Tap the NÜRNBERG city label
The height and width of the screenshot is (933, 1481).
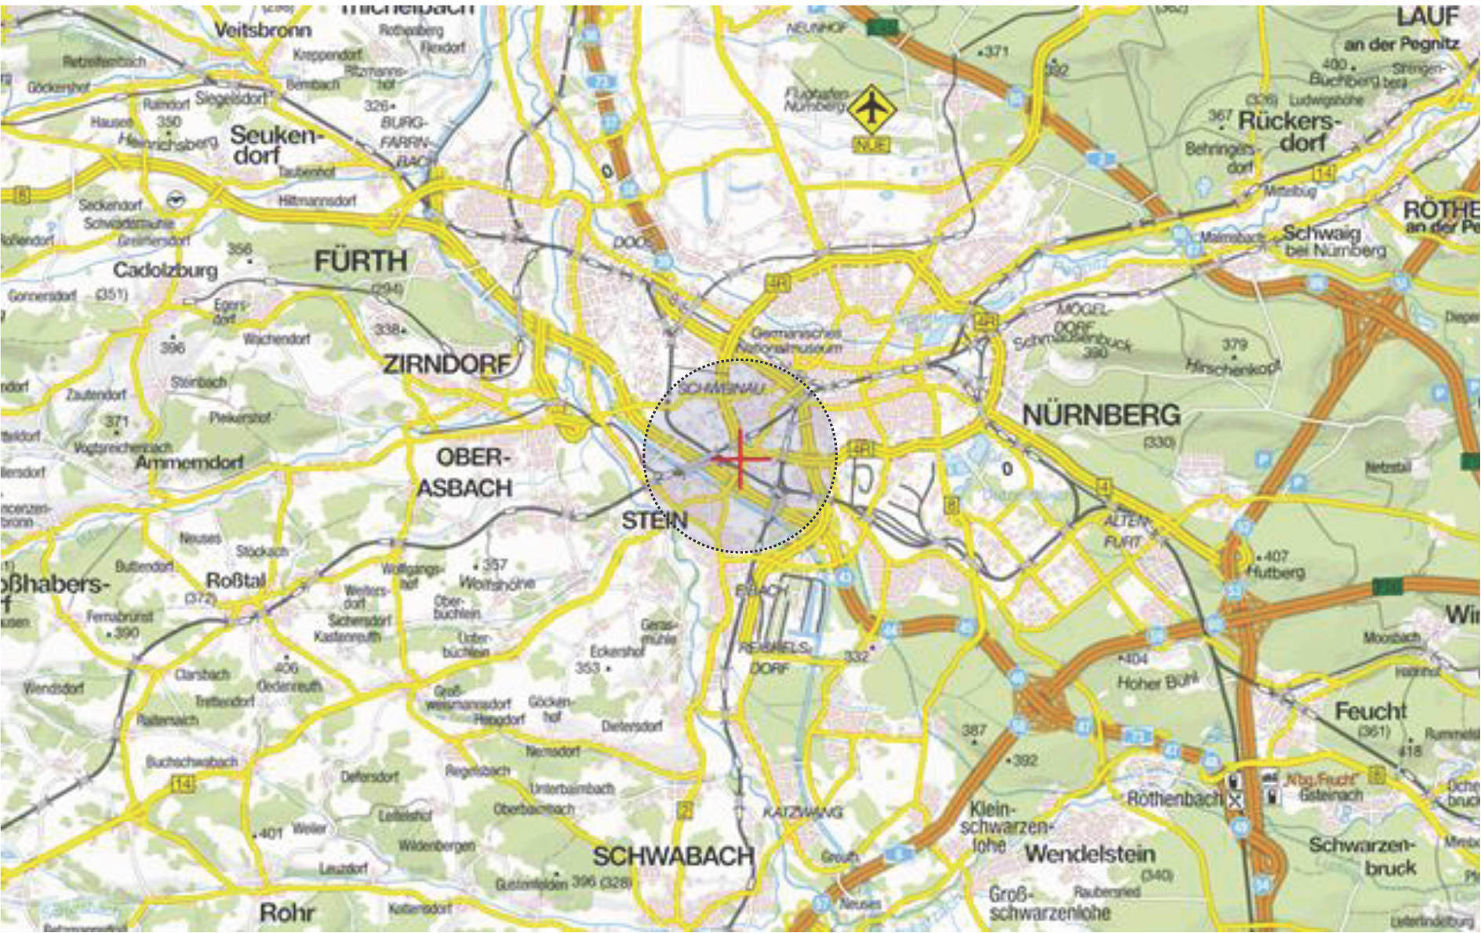click(1101, 415)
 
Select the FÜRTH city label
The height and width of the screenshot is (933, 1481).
click(361, 261)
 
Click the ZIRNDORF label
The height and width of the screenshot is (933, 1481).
click(446, 364)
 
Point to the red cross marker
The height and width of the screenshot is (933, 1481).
click(740, 459)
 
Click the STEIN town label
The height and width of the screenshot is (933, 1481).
click(654, 520)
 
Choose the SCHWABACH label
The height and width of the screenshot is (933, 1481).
click(673, 855)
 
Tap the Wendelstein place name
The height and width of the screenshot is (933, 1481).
click(1090, 853)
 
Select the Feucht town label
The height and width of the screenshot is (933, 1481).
click(1370, 711)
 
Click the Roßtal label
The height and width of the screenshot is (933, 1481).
click(235, 581)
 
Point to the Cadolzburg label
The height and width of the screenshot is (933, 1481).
click(165, 271)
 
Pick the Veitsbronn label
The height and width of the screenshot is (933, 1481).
click(263, 30)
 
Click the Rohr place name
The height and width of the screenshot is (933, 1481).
click(287, 913)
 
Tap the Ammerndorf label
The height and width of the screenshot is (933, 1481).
click(189, 462)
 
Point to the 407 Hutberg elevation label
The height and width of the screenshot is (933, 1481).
click(1275, 563)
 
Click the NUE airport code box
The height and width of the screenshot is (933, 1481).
click(871, 144)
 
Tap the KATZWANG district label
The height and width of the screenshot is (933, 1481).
click(802, 812)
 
